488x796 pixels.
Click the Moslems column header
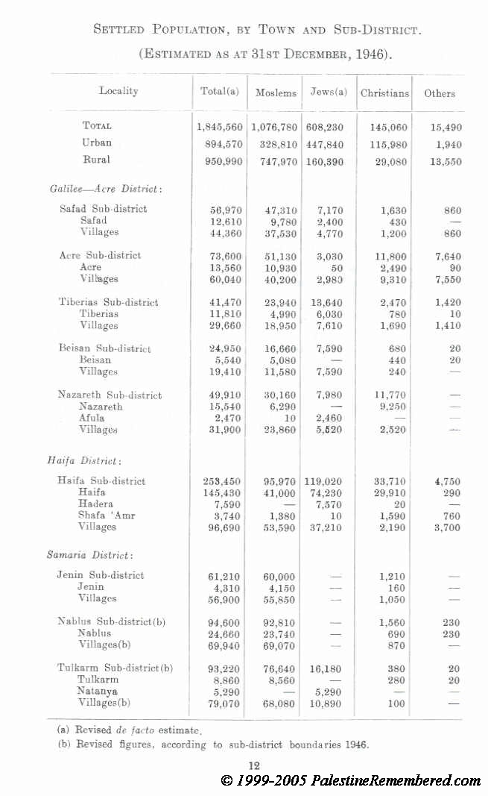point(276,93)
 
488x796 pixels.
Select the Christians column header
point(384,93)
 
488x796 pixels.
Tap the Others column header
point(440,93)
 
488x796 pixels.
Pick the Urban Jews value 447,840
point(328,144)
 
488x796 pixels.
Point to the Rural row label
point(97,160)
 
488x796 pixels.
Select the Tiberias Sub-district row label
point(109,302)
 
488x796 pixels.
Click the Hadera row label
point(95,504)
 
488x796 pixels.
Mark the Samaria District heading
point(90,555)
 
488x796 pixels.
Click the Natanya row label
point(98,691)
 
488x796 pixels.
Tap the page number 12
point(253,765)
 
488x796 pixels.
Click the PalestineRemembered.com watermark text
point(396,780)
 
